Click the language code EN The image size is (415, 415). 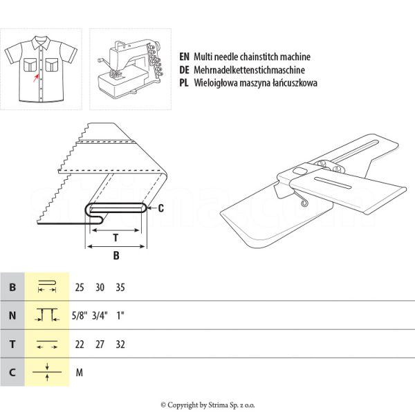184,57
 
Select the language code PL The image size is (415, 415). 184,82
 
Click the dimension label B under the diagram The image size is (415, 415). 116,255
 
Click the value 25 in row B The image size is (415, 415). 80,287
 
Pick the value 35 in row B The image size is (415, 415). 121,287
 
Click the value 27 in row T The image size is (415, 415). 100,344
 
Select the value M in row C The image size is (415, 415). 80,372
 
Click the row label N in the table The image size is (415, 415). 12,315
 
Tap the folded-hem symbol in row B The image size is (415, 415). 47,286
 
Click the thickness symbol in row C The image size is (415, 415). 47,372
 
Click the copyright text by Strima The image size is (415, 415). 207,405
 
